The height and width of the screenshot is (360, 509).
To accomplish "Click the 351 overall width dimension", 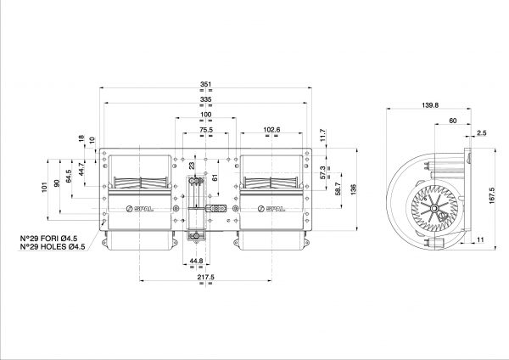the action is point(206,84).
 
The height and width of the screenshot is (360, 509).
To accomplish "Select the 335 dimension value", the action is point(206,99).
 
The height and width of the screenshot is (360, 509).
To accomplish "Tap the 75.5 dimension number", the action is point(206,130).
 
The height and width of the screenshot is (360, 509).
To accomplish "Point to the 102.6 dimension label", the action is point(271,130).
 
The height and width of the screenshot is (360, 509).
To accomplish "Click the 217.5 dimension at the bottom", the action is point(206,277).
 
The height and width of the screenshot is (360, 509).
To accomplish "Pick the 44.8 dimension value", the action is point(197,261).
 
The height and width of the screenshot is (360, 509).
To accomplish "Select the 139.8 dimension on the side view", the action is point(430,105).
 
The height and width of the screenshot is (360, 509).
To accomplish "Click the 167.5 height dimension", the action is point(491,195).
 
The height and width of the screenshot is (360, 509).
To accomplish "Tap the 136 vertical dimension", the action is point(354,189).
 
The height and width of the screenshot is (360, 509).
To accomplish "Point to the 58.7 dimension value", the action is point(338,188).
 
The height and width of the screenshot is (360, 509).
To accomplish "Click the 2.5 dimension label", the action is point(482,132).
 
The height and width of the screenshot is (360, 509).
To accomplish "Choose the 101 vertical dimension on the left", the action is point(44,187).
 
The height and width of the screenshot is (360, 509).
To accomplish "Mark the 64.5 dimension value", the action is point(69,176).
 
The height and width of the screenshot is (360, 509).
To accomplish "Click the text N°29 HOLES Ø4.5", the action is point(53,247).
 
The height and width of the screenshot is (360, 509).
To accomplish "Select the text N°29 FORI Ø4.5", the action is point(48,239).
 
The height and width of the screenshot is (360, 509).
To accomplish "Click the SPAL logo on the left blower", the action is point(140,209).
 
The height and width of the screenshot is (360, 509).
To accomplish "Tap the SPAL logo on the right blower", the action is point(271,209).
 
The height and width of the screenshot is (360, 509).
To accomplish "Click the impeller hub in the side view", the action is point(433,208).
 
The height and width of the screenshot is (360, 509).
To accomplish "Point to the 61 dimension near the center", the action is point(215,177).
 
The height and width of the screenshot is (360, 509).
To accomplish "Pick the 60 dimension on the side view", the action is point(453,121).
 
